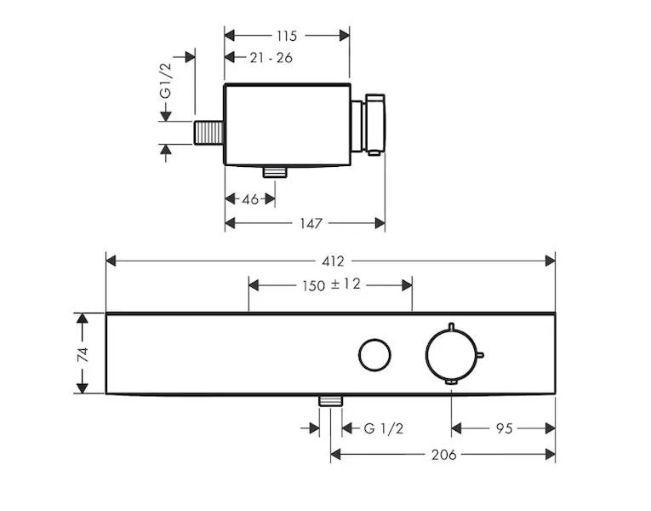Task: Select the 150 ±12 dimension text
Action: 331,285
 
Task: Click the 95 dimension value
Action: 503,428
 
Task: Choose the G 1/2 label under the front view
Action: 383,428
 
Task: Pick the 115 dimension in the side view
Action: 287,35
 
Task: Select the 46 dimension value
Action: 249,198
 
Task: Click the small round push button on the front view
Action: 373,354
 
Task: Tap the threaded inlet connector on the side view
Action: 208,134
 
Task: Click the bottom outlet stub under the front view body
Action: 330,401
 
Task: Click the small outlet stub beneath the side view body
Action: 275,172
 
